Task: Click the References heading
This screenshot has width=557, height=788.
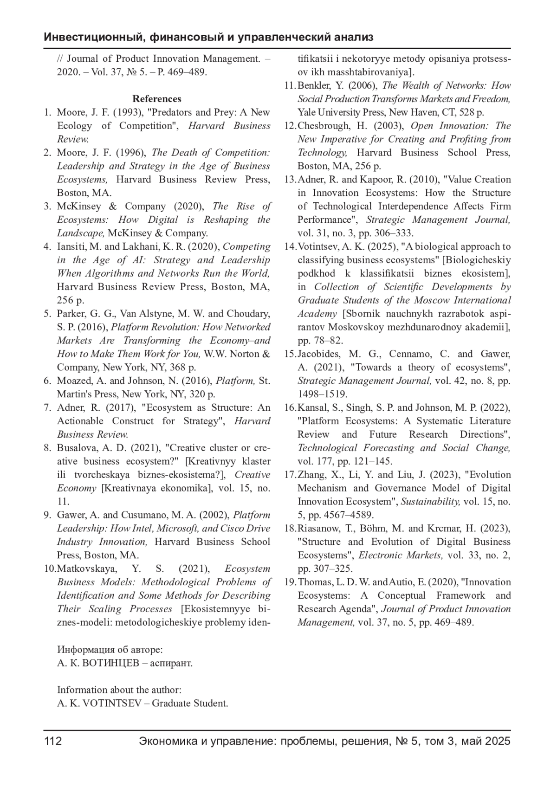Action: point(157,99)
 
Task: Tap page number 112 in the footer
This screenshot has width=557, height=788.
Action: point(53,741)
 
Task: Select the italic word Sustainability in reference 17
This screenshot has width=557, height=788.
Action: point(430,502)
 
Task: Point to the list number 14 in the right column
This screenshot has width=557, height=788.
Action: point(290,247)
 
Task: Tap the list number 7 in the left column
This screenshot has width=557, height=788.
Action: point(47,408)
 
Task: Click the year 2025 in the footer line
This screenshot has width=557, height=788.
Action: point(498,741)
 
